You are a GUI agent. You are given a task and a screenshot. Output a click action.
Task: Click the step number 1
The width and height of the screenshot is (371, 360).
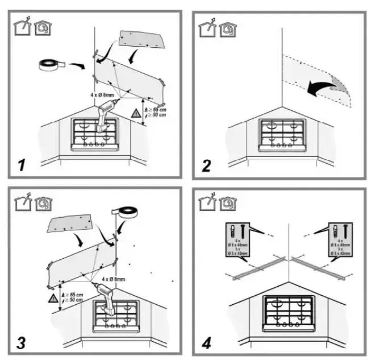pyautogui.click(x=21, y=165)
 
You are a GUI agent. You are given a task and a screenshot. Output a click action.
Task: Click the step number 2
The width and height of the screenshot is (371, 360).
pyautogui.click(x=206, y=165)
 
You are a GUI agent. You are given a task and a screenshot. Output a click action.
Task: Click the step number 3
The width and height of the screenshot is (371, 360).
pyautogui.click(x=21, y=343)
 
